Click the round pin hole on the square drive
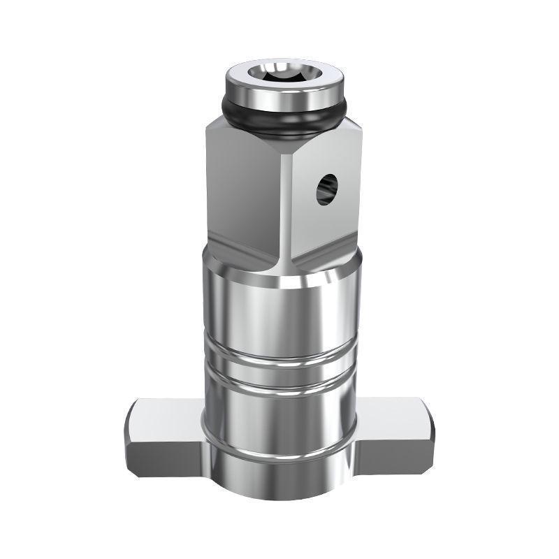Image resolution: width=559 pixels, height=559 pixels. coord(326,188)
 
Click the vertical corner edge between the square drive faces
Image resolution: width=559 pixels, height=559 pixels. coord(287,210)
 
